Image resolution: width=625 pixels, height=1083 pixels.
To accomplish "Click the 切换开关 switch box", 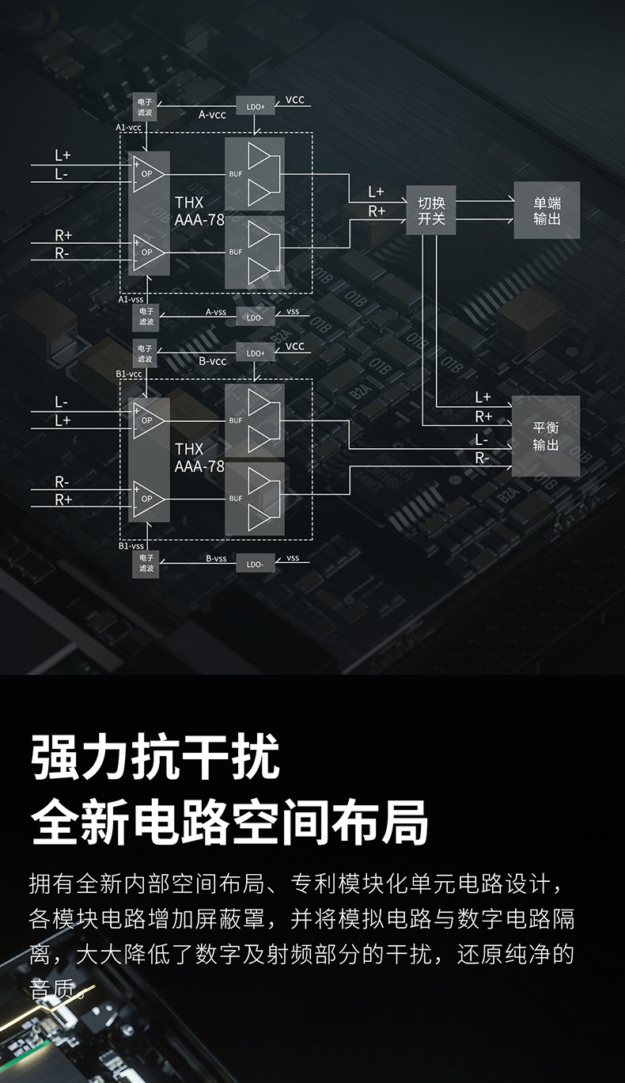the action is [431, 211].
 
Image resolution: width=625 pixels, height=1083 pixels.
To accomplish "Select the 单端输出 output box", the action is [547, 211].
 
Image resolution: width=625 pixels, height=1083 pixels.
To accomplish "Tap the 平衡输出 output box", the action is [546, 436].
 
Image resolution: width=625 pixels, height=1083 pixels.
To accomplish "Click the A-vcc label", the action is [212, 115].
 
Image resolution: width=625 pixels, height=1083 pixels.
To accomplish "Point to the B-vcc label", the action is [212, 361].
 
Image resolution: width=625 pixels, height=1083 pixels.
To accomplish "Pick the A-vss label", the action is [216, 312].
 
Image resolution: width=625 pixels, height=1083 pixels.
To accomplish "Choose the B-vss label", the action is [216, 558].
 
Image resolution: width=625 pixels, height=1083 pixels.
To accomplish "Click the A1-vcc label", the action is [129, 127].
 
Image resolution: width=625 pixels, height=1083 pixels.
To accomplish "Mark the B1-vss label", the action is [131, 545].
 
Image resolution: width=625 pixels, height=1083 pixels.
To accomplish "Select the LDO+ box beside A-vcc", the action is [256, 105].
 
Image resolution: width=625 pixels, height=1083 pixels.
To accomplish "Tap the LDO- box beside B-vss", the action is [256, 564].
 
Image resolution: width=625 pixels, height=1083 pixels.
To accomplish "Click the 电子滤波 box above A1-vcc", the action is [146, 107].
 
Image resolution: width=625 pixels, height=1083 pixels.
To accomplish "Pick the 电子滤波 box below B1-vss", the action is [146, 563].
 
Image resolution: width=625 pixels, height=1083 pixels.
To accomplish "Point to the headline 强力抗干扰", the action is [156, 757].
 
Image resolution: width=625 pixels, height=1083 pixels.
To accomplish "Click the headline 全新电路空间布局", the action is [229, 822].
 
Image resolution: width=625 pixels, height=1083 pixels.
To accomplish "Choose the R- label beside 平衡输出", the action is [482, 458].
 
